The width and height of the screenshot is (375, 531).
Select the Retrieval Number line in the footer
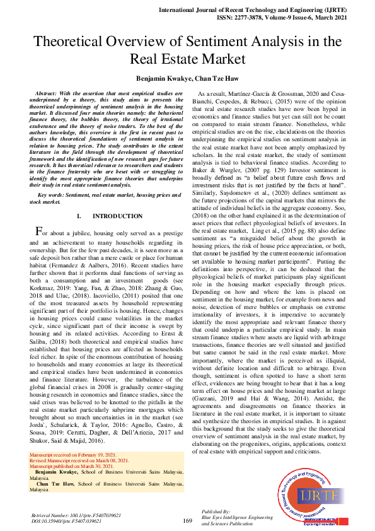pyautogui.click(x=76, y=515)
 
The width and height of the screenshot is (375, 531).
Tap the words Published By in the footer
pyautogui.click(x=216, y=511)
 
